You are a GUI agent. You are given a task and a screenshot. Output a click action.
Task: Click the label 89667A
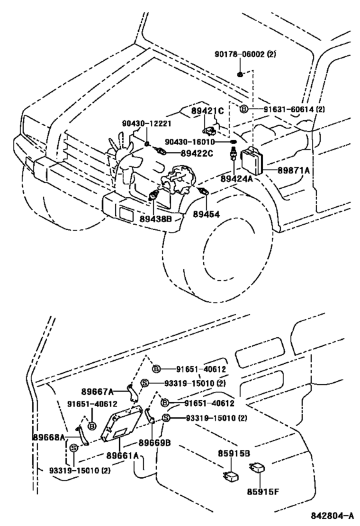97,390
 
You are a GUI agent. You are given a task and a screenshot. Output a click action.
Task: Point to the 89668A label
49,437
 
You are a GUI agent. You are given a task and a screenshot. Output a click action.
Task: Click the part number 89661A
123,456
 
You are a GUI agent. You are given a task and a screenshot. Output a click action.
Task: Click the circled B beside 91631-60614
244,110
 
